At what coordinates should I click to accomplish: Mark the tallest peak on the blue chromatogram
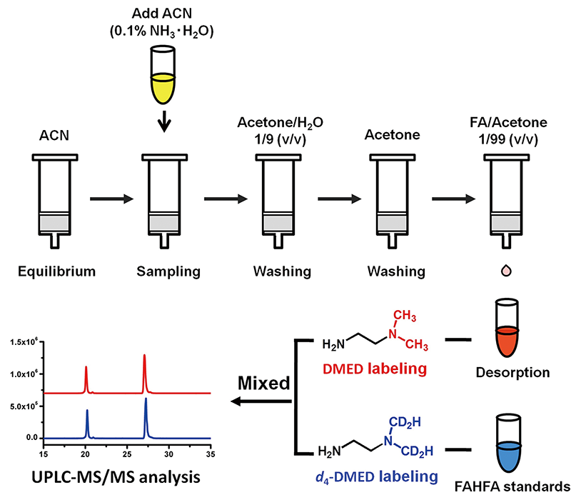146,400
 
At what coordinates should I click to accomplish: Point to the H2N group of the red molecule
335,345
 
